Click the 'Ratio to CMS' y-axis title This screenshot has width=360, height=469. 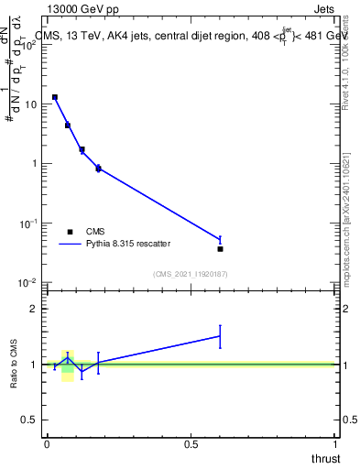click(x=14, y=364)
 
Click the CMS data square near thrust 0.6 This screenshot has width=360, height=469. click(x=220, y=248)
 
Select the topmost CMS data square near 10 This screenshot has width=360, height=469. click(x=55, y=96)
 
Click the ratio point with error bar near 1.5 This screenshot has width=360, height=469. click(x=220, y=336)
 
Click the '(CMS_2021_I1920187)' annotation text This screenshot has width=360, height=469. click(x=191, y=274)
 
